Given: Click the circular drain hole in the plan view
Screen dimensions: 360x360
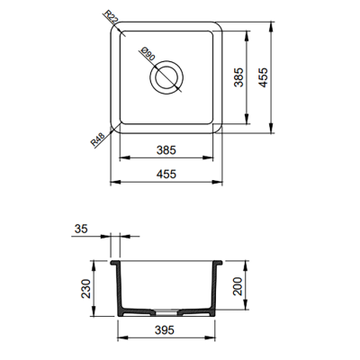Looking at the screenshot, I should coord(167,79).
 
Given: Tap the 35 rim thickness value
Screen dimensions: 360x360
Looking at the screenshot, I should coord(82,229).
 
